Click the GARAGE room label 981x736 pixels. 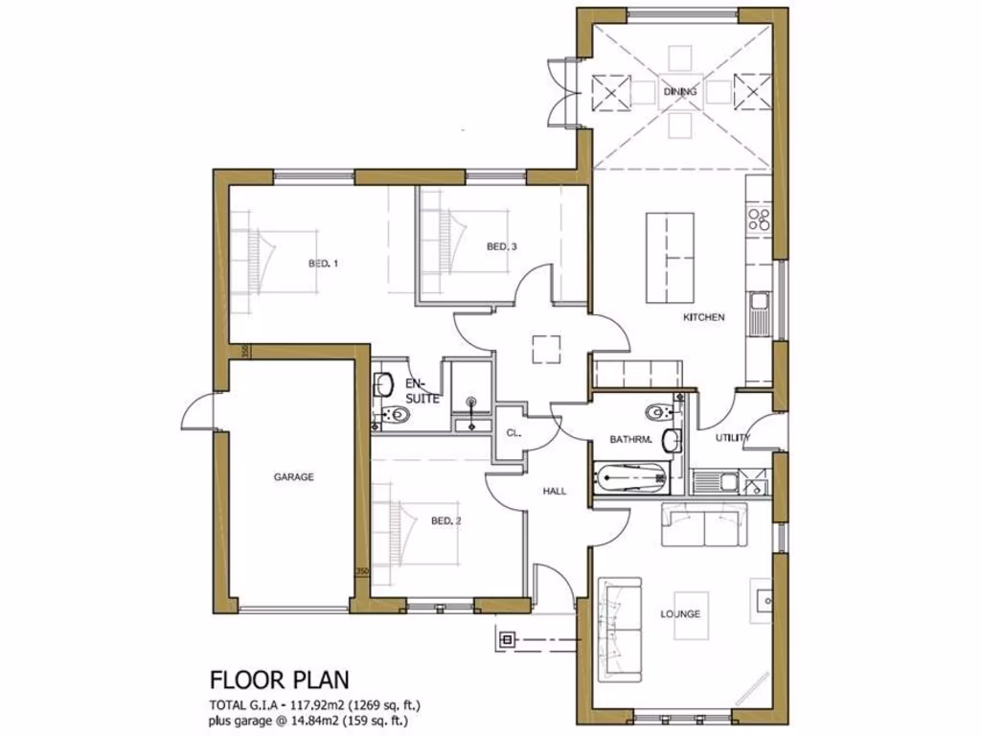click(x=293, y=476)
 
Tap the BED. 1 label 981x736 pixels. click(x=323, y=263)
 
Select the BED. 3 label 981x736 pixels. click(x=502, y=247)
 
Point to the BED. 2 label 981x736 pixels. click(x=446, y=521)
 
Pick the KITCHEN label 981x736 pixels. click(x=703, y=317)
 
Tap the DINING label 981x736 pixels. click(x=680, y=92)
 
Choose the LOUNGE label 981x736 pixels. click(x=680, y=613)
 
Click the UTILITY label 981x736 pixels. click(x=733, y=438)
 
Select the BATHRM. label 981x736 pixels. click(x=630, y=440)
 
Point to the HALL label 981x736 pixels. click(x=555, y=491)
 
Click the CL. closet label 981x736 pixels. click(x=513, y=433)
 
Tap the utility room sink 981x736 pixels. click(x=730, y=482)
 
